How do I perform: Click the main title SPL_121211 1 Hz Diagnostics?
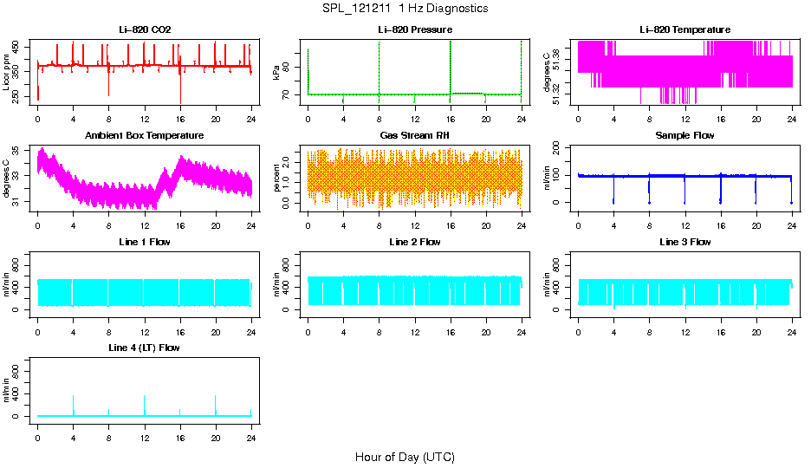point(404,9)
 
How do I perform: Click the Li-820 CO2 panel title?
point(145,30)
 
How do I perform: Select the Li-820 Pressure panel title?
point(415,30)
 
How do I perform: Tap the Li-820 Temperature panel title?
point(684,30)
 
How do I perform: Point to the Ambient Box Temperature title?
point(145,136)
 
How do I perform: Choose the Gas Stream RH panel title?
point(415,136)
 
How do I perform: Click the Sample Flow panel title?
point(684,136)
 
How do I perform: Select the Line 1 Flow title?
point(145,242)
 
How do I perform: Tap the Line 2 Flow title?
point(415,242)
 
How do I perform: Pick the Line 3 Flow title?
point(684,242)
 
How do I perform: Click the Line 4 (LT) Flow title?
point(145,348)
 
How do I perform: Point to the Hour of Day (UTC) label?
point(405,457)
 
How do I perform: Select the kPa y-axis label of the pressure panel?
point(277,72)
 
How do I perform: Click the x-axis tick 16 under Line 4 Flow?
point(179,437)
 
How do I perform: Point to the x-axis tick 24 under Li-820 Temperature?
point(792,120)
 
